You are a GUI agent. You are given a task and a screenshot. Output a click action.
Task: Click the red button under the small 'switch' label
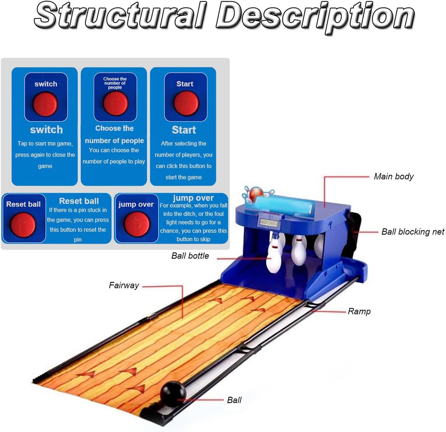(x=45, y=104)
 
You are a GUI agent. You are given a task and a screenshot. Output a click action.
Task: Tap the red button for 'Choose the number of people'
(x=115, y=103)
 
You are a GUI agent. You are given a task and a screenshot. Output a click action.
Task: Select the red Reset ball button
(x=23, y=224)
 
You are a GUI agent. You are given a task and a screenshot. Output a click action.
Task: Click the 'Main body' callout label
(x=393, y=176)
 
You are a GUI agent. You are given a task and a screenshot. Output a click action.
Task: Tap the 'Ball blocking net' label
(x=412, y=232)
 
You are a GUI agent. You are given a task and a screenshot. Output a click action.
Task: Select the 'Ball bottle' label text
(x=190, y=256)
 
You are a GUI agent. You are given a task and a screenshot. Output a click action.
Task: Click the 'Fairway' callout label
(x=124, y=285)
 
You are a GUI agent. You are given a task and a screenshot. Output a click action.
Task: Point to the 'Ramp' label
(x=359, y=311)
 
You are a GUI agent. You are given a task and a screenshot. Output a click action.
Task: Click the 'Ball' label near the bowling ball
(x=234, y=400)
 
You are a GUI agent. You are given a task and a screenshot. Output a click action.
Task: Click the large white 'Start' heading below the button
(x=184, y=130)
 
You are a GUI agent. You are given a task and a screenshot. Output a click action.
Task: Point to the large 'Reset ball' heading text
(x=79, y=201)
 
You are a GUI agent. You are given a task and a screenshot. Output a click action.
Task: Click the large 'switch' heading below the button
(x=46, y=130)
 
